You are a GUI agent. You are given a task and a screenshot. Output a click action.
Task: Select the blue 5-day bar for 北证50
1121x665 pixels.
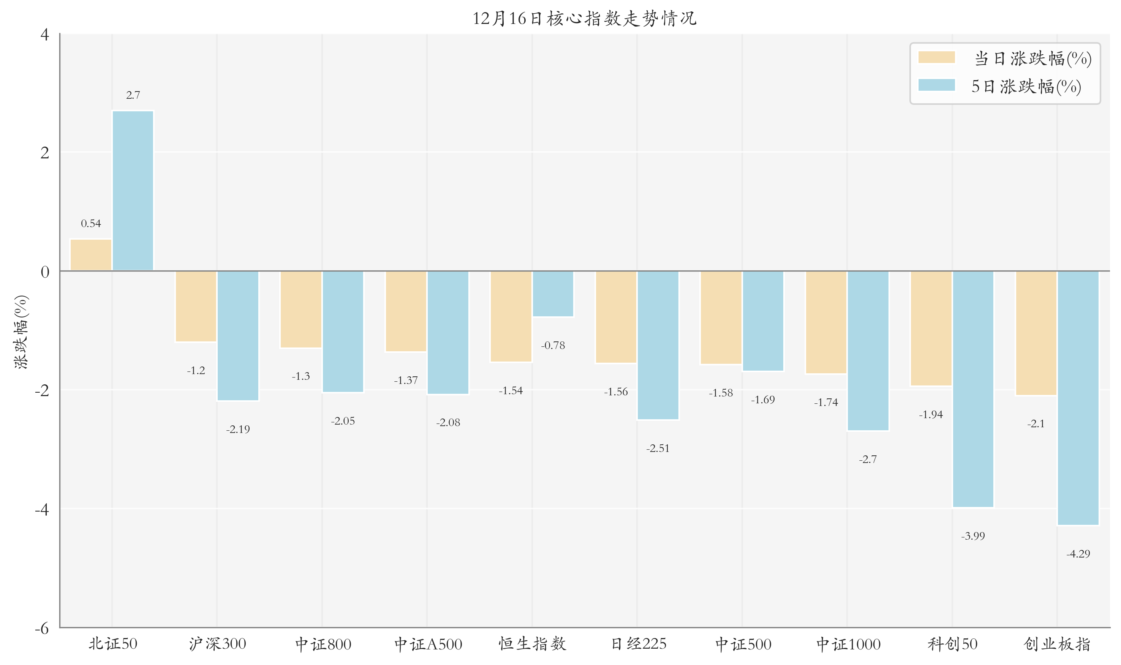[x=133, y=190]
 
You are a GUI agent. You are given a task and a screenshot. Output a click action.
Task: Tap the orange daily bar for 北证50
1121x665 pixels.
[x=91, y=255]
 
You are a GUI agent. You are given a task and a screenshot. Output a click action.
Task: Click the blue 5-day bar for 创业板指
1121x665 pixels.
[x=1078, y=398]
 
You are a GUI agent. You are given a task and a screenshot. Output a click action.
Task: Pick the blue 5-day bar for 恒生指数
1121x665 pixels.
[x=553, y=294]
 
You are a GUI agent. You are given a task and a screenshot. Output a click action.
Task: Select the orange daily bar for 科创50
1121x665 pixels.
[x=931, y=328]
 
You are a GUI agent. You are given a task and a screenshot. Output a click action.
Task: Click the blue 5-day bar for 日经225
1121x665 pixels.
[x=658, y=345]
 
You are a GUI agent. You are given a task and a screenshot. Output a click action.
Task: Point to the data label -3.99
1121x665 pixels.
[x=973, y=536]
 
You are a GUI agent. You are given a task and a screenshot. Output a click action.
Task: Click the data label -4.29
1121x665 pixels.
[x=1078, y=554]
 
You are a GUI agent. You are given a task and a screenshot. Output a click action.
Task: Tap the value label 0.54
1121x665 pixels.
[x=91, y=223]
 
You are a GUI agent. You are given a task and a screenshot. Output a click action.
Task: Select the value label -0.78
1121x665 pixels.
[x=553, y=346]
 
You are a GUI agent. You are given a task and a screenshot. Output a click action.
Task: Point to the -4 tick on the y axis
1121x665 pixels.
[x=42, y=510]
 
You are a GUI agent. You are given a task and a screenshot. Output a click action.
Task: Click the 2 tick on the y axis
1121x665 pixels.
[x=44, y=153]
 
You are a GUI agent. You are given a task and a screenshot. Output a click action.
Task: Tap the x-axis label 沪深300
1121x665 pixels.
[x=217, y=644]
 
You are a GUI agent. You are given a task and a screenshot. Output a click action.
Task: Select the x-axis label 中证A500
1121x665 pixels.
[x=428, y=644]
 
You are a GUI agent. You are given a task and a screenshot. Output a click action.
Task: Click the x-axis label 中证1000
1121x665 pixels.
[x=848, y=644]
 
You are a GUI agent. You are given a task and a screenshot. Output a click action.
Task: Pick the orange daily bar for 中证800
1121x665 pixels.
[x=301, y=309]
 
